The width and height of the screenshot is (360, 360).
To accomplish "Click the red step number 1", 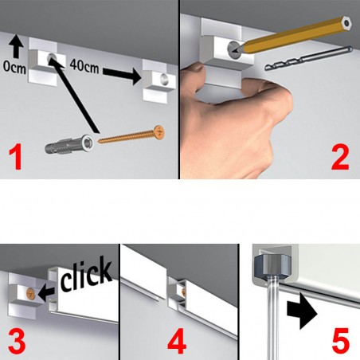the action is (16, 158).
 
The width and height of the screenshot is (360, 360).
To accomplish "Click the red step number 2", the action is (340, 158).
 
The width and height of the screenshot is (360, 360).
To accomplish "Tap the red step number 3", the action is (17, 341).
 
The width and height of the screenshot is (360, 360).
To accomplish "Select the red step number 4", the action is (177, 341).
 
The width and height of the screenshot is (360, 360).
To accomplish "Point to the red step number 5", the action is (341, 341).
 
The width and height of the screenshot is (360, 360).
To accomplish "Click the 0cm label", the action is (14, 68).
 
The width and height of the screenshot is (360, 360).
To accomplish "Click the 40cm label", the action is (84, 65).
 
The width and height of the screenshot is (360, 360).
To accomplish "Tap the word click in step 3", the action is (85, 274).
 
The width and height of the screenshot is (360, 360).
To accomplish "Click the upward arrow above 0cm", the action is (17, 48).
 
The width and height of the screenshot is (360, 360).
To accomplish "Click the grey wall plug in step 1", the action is (69, 145).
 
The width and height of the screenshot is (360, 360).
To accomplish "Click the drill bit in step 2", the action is (309, 59).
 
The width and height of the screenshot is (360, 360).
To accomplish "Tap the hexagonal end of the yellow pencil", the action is (346, 22).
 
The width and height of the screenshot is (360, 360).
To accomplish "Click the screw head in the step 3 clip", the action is (31, 294).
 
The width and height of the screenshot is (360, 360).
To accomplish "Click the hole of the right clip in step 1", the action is (164, 78).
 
